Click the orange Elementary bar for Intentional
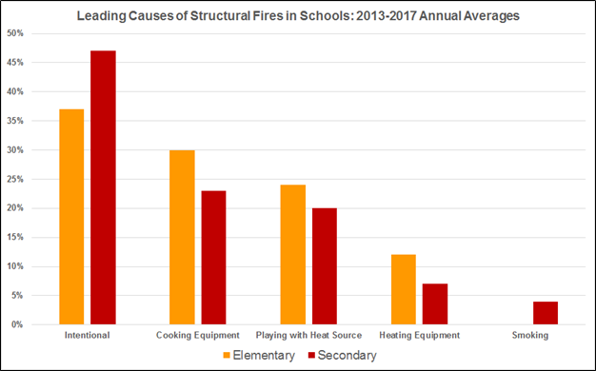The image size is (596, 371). coord(71,217)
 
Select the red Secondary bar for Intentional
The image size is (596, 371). coord(103,187)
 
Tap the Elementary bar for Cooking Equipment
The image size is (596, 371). coord(182,237)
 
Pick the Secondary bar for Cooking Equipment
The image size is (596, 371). coord(213,258)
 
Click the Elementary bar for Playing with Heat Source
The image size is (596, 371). coord(292,255)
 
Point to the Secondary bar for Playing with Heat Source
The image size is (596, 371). coord(324,266)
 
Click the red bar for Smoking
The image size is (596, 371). coord(545,313)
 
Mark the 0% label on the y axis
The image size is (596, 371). coord(18,324)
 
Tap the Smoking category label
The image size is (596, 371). coord(529,336)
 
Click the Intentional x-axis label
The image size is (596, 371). coord(87,336)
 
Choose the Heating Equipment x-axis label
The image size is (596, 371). coord(419,336)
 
